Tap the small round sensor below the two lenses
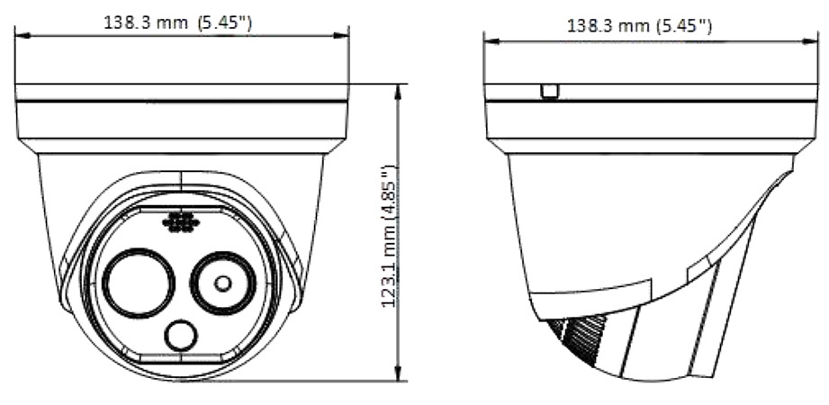180,336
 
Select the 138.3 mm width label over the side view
639,25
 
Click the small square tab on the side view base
549,91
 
